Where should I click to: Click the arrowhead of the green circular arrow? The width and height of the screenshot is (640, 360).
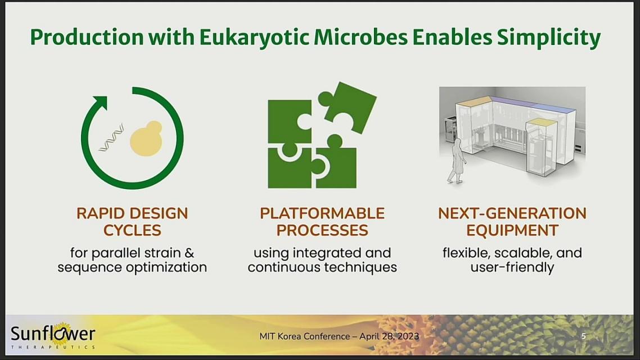click(x=101, y=103)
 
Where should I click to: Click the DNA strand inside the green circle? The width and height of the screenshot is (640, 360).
click(x=111, y=138)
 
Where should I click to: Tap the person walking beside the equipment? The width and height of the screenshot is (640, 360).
click(x=457, y=161)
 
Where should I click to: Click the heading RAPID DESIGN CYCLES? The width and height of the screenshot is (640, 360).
click(x=132, y=222)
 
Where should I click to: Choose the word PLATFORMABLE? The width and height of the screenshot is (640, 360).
click(x=322, y=213)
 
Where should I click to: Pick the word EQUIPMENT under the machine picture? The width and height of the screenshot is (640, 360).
click(x=512, y=231)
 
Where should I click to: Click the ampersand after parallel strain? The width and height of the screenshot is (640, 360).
click(x=189, y=253)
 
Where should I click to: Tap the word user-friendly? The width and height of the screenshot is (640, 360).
click(x=512, y=267)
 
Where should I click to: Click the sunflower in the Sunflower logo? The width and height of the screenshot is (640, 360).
click(x=61, y=333)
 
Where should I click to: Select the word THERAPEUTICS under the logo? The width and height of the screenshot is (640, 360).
click(x=53, y=348)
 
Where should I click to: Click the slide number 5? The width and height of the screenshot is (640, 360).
click(x=584, y=336)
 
